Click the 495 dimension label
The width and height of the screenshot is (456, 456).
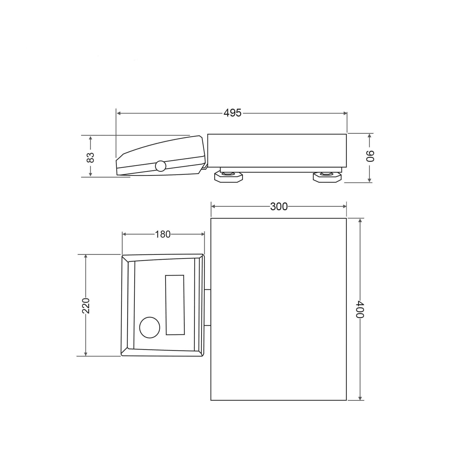[233, 113]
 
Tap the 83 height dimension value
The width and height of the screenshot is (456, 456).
[90, 158]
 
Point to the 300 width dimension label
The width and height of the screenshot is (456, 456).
[279, 206]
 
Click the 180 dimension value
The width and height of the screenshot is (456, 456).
[163, 234]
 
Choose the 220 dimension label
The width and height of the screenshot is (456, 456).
[86, 306]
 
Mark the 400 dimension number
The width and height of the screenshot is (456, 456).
[360, 309]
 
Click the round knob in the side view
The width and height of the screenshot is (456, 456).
[161, 166]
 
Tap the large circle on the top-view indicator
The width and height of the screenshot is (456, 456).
[150, 328]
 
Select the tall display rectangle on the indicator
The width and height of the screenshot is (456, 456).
[175, 305]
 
